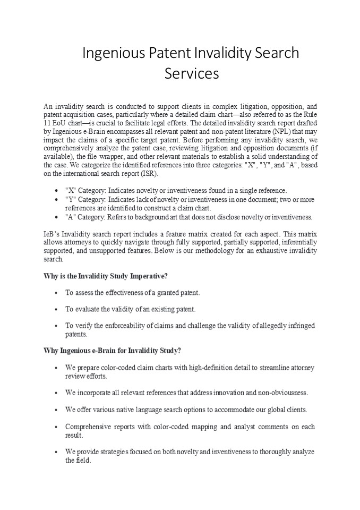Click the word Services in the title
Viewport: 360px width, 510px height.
click(x=191, y=73)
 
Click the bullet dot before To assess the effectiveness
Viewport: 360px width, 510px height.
click(x=57, y=293)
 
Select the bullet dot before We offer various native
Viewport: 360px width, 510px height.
click(x=57, y=410)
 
